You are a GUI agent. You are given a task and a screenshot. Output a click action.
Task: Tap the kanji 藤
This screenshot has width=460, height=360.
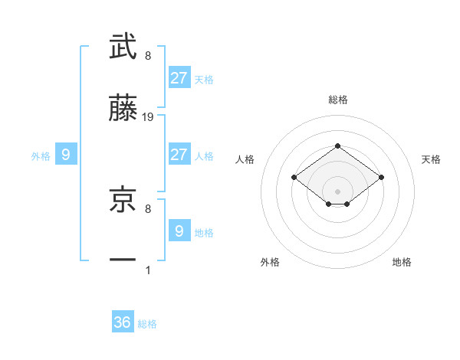[123, 110]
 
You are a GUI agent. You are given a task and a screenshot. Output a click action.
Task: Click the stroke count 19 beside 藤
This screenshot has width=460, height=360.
[148, 117]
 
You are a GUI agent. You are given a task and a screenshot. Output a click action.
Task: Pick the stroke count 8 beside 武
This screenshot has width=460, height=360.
[148, 56]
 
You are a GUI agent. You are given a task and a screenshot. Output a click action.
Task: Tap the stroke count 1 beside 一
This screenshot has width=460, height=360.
[148, 270]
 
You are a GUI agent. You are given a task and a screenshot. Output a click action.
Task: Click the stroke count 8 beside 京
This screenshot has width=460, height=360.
[148, 208]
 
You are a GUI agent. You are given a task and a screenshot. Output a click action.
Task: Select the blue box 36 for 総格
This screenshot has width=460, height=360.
[123, 323]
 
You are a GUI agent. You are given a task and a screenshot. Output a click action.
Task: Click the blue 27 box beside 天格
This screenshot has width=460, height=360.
[179, 78]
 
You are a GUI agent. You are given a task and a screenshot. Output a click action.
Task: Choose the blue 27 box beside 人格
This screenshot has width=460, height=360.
[179, 155]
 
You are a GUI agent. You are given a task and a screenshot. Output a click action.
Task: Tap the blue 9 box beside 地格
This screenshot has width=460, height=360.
[179, 231]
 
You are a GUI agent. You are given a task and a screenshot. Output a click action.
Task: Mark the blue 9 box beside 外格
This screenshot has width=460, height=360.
[66, 155]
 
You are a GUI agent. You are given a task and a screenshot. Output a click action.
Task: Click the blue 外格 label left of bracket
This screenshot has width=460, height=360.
[41, 156]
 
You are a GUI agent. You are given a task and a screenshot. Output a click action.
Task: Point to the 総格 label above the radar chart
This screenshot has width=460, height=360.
[337, 100]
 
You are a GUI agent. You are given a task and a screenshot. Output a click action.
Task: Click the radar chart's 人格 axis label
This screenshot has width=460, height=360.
[245, 159]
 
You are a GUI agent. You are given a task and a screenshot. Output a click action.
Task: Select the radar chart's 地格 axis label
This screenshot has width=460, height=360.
[402, 262]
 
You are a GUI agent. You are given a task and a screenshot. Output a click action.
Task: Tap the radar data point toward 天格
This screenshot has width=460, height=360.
[381, 178]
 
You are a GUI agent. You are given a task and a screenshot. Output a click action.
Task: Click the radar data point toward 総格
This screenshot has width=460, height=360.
[337, 146]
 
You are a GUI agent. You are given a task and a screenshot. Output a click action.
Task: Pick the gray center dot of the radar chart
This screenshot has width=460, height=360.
[337, 191]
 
